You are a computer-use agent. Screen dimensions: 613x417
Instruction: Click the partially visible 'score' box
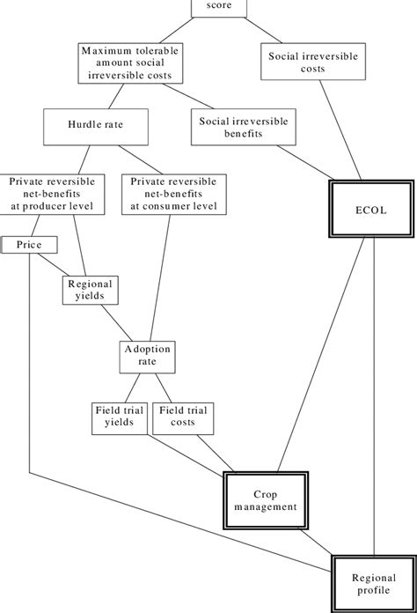click(x=219, y=8)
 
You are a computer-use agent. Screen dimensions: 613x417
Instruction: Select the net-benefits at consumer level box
click(x=173, y=193)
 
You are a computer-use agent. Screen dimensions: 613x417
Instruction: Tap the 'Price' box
click(x=29, y=244)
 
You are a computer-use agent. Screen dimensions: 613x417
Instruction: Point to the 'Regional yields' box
click(x=90, y=291)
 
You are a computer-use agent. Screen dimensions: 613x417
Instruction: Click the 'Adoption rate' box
click(x=146, y=355)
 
